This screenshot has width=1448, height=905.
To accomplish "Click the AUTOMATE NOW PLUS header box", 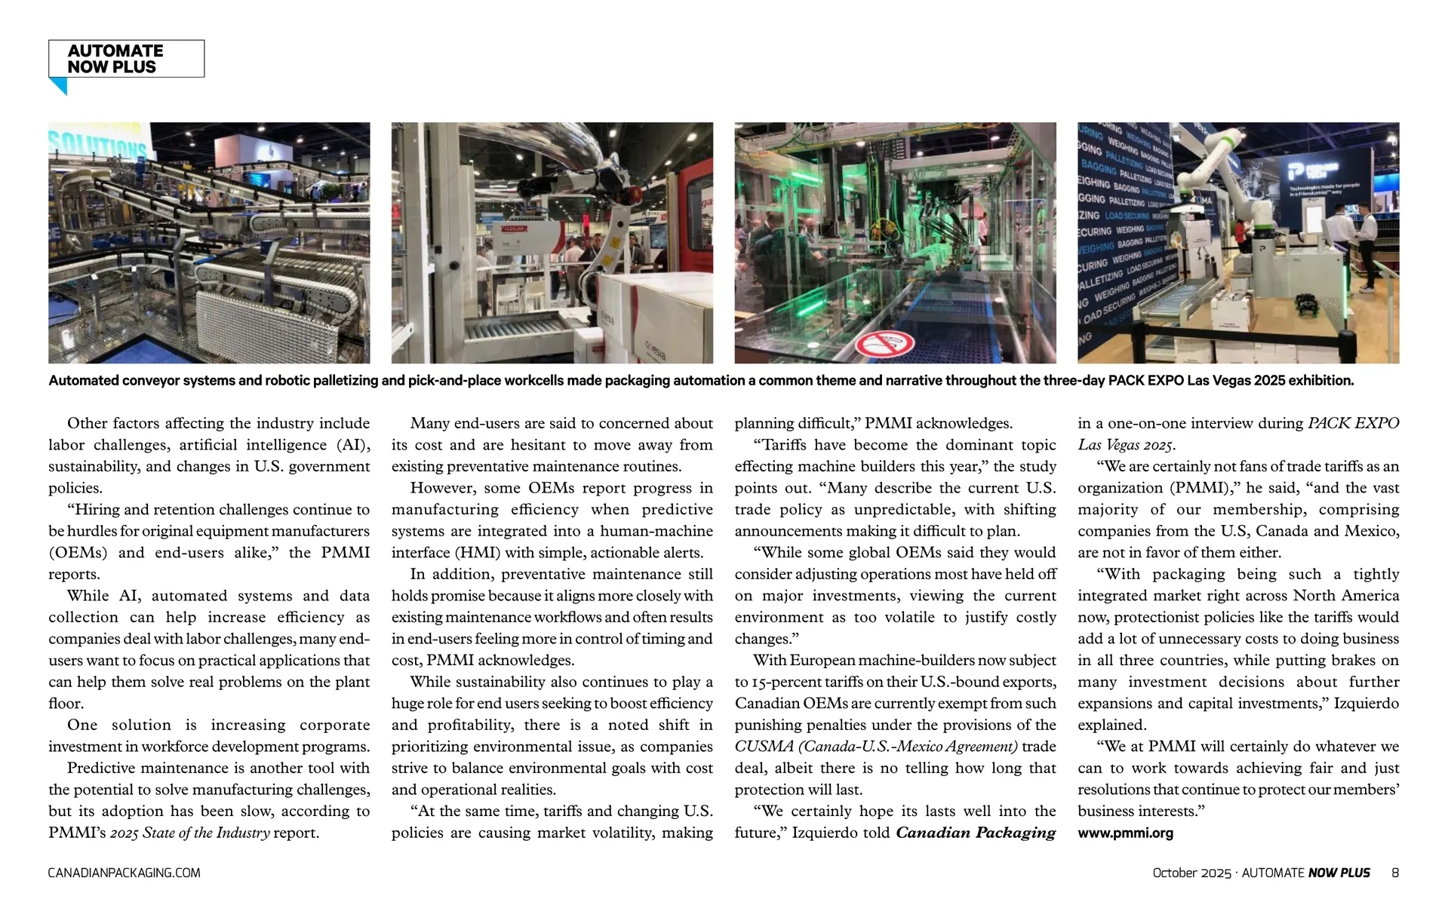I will [126, 59].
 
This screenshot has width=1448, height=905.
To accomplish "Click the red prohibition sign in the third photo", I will [884, 345].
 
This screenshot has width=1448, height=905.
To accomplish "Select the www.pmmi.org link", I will [1125, 833].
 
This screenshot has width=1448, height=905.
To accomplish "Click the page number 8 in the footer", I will [1395, 873].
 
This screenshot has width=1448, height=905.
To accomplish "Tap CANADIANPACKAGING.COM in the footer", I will [125, 873].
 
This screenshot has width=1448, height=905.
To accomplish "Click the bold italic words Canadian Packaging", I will [976, 833].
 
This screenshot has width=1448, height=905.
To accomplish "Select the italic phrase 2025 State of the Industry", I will [190, 833].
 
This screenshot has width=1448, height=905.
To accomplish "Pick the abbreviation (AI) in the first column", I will [348, 445].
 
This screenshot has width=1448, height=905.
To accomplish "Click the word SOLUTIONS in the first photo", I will [98, 143].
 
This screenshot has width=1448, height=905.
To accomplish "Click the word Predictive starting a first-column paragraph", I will [100, 768].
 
